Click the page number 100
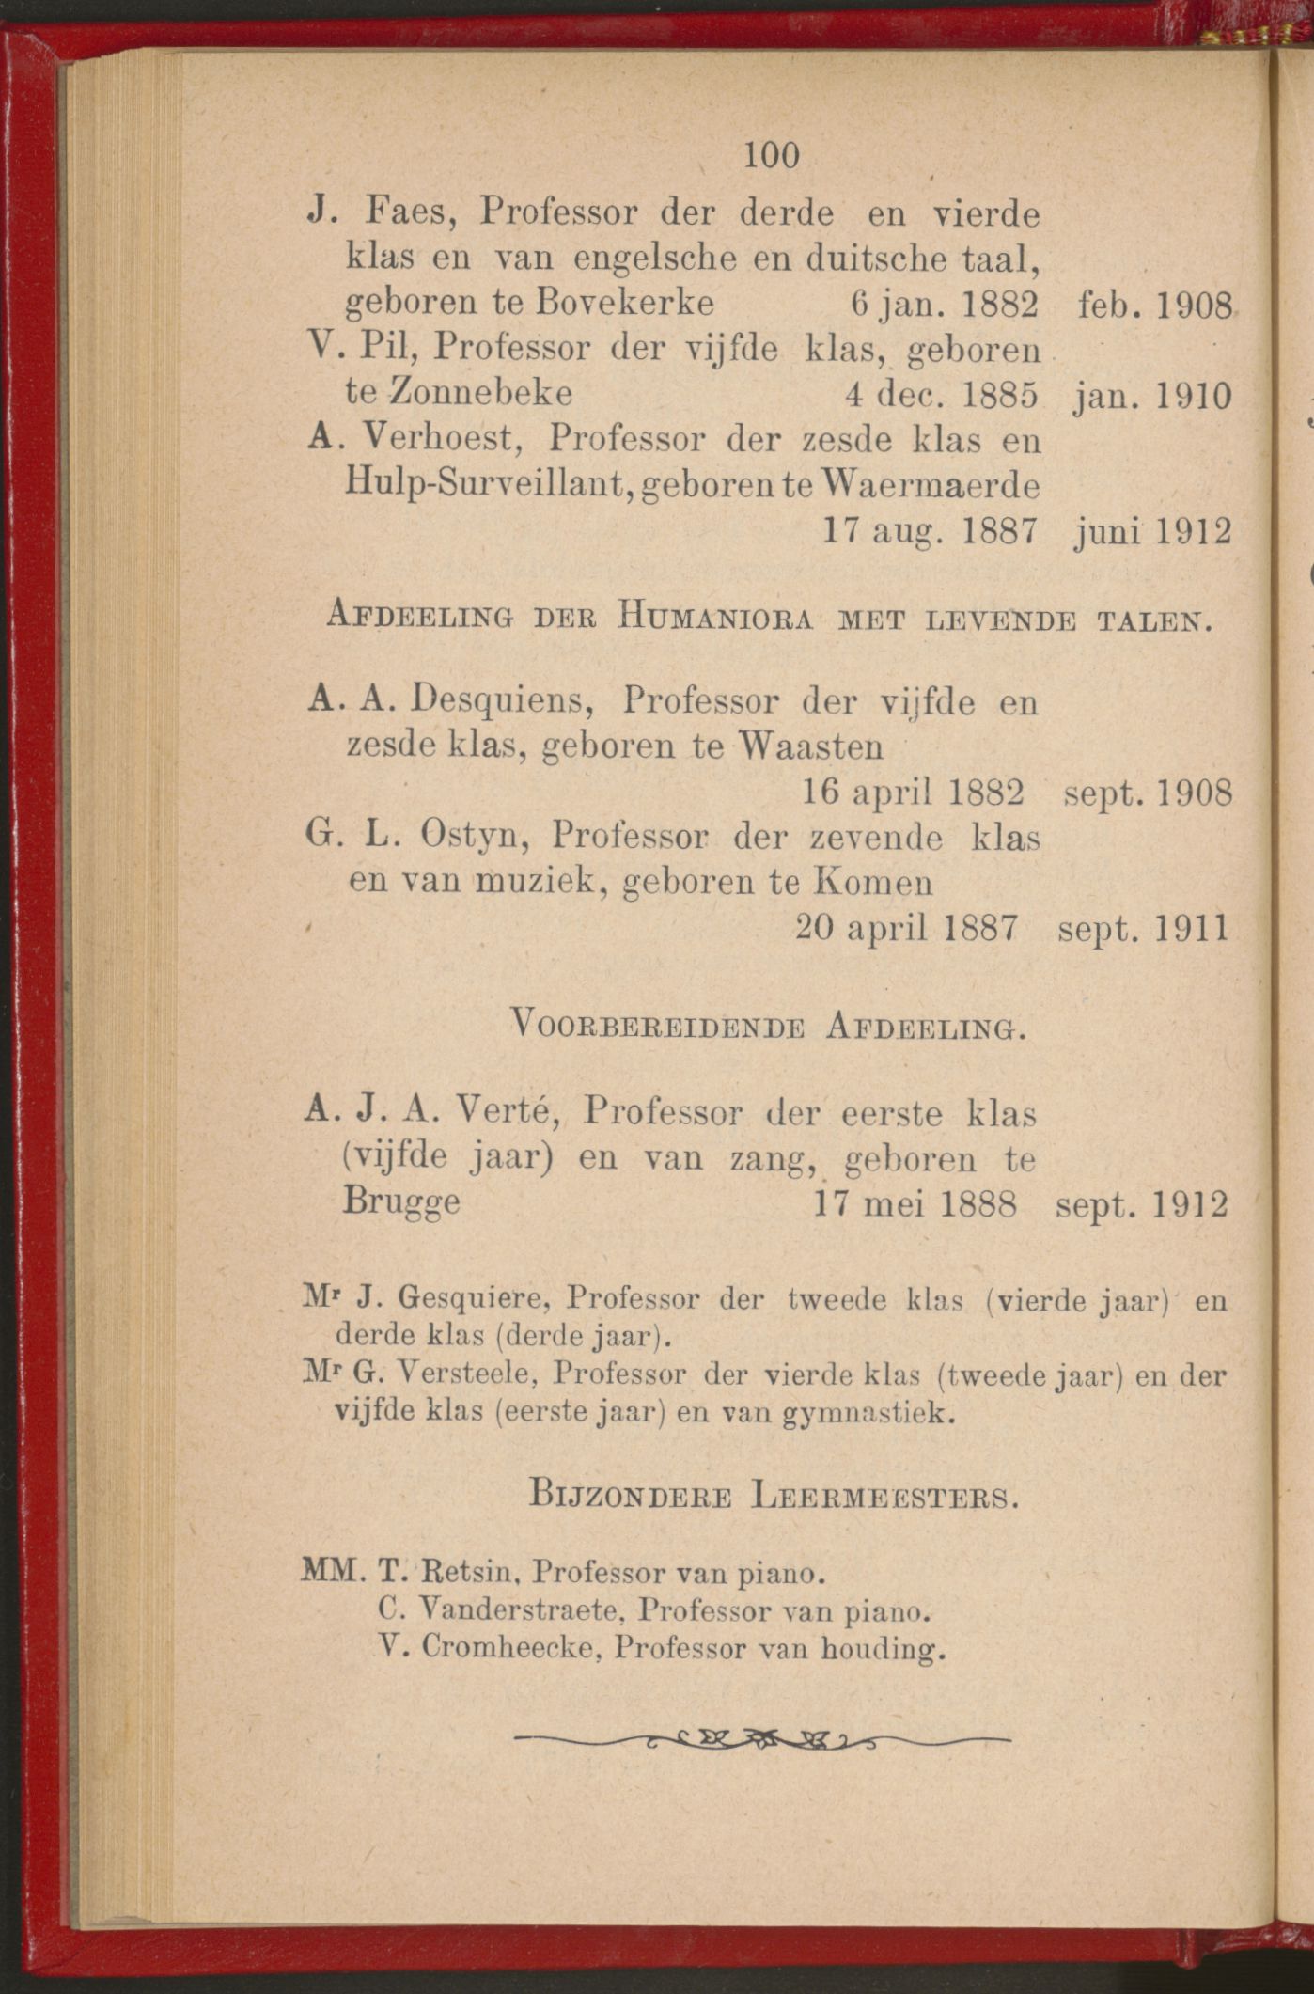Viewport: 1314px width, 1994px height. [x=771, y=155]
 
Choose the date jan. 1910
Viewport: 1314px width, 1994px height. [x=1150, y=395]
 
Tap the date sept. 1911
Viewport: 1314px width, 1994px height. [x=1143, y=929]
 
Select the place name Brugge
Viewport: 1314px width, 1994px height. [x=401, y=1202]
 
